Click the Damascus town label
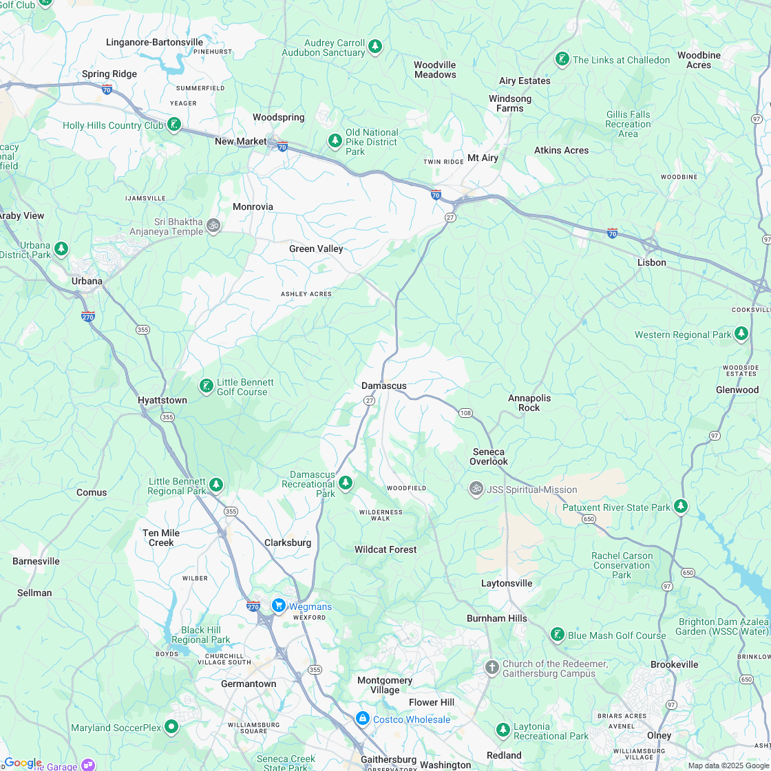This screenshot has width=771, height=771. click(384, 385)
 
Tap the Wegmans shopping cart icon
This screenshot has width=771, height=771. click(278, 605)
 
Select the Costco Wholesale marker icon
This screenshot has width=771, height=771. click(362, 718)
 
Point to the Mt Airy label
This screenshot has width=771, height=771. click(483, 158)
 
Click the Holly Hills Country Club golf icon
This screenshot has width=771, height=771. click(174, 125)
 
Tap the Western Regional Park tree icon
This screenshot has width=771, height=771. click(741, 334)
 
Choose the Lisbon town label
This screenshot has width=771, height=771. click(651, 262)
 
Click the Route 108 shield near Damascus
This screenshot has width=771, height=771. click(466, 413)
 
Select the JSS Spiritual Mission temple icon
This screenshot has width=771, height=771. click(476, 489)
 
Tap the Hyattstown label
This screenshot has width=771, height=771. click(162, 400)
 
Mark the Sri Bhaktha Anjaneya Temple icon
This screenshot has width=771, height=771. click(213, 225)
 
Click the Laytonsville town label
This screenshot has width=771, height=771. click(507, 583)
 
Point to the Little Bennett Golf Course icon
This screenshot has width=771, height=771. click(206, 385)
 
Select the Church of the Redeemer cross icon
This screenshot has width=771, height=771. click(492, 667)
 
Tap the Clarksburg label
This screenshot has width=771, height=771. click(288, 542)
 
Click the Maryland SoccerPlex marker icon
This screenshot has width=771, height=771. click(171, 726)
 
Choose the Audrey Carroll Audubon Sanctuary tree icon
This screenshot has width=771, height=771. click(374, 47)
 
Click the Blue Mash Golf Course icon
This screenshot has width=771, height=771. click(558, 635)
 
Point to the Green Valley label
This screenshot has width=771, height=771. click(316, 249)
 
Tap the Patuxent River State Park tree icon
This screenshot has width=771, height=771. click(681, 507)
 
